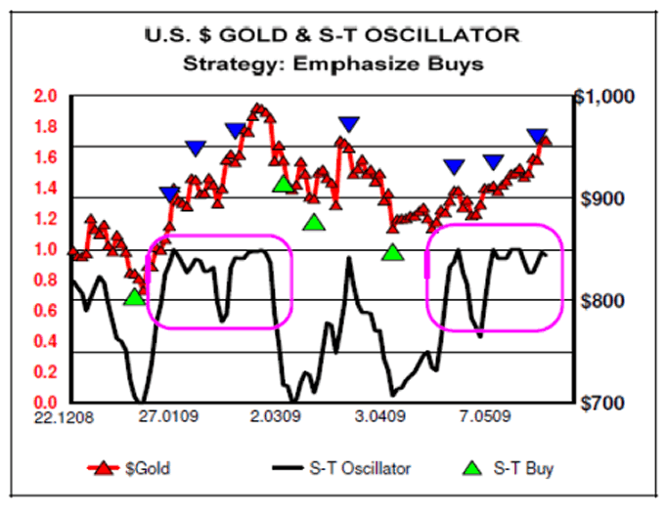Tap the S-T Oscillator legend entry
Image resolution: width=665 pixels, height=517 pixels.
337,468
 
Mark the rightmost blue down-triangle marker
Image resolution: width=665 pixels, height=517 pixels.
537,137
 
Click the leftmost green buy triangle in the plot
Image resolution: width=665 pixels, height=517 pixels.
135,296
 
